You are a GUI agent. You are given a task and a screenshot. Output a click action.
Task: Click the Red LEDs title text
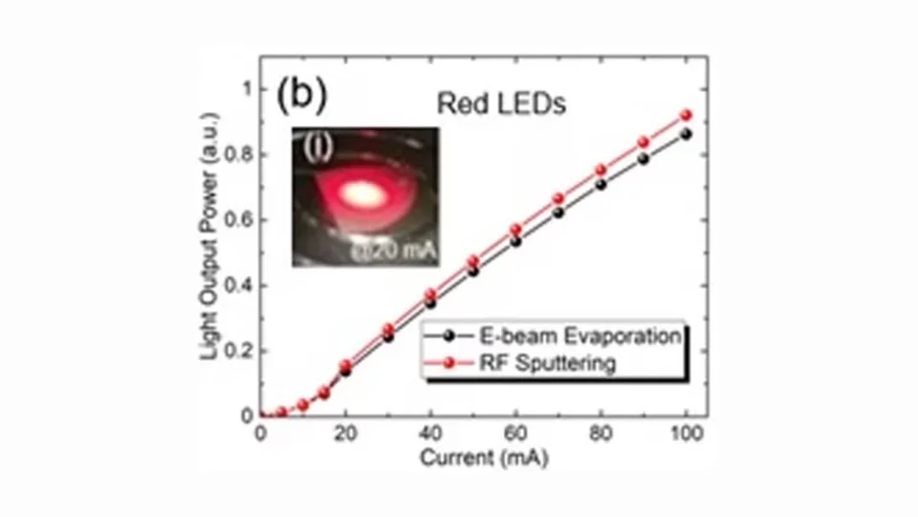[x=501, y=103]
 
